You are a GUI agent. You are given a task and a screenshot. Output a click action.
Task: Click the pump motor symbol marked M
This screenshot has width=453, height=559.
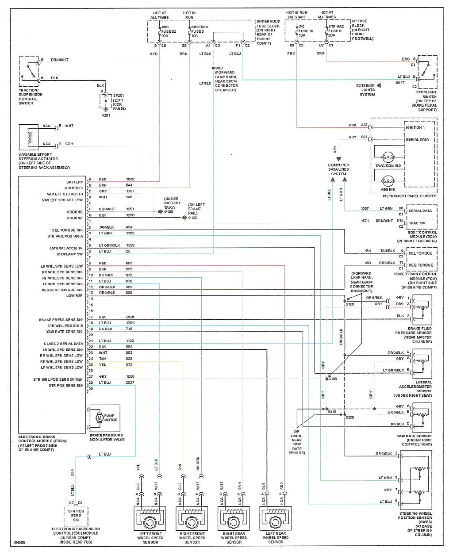point(99,417)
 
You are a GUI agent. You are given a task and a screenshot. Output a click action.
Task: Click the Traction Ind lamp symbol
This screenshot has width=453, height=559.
point(388,157)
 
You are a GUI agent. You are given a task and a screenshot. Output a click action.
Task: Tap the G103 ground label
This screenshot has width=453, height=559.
point(193,218)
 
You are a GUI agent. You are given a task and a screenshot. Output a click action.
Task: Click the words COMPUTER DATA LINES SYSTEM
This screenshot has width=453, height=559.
point(338,169)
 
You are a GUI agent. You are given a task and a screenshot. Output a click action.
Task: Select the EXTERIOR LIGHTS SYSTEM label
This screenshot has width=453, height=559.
point(367,90)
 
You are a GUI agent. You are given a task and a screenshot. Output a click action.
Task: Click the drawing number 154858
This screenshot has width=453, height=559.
point(19,542)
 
